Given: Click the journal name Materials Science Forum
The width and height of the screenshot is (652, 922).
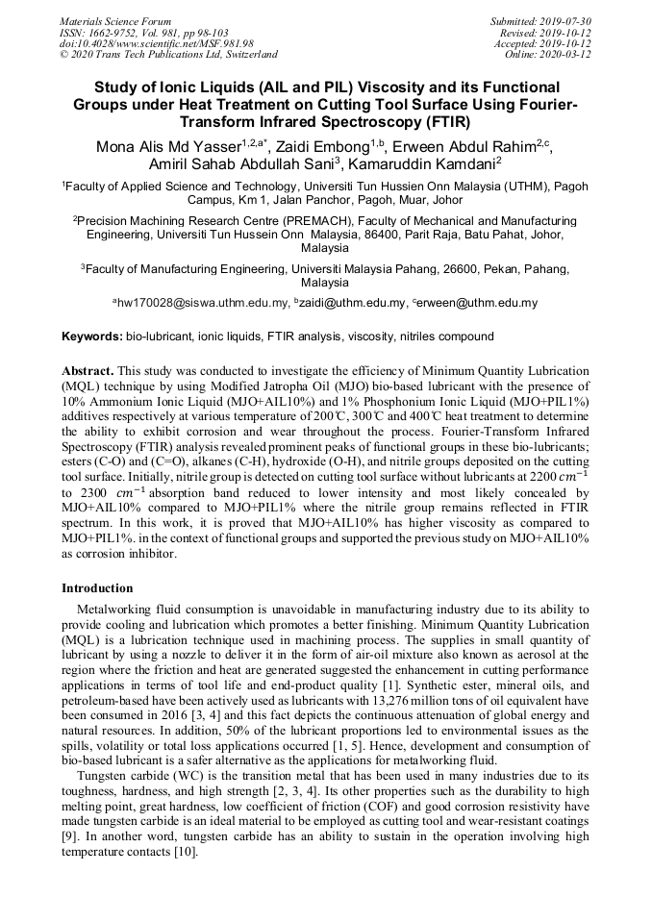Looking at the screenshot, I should point(115,21).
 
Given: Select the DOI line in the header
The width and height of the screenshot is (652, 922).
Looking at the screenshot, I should point(157,44).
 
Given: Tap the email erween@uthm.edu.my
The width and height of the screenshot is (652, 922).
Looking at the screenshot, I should point(478,303).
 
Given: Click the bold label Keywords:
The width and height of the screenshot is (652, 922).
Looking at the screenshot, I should point(92,336).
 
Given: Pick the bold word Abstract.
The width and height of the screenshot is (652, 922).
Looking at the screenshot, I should point(88,370).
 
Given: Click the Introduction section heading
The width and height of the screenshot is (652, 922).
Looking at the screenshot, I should point(97,587).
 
